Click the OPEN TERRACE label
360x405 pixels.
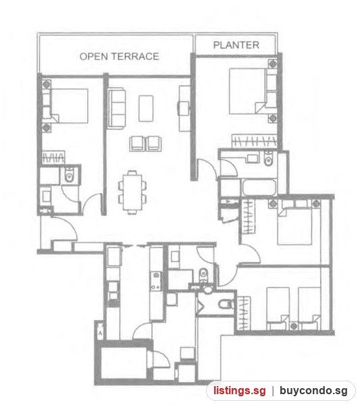click(119, 56)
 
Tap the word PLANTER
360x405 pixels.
click(236, 45)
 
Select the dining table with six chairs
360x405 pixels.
click(132, 192)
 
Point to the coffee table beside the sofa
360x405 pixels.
click(146, 109)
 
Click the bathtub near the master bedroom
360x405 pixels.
click(259, 187)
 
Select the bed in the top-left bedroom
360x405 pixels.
click(66, 106)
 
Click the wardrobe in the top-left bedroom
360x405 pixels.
click(53, 157)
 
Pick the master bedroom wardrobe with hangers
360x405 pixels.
click(254, 141)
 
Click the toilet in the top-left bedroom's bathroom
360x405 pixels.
click(70, 175)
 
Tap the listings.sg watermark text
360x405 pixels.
click(239, 391)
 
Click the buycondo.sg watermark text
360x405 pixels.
click(313, 391)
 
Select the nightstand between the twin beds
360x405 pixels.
click(293, 326)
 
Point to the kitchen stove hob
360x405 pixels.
click(156, 280)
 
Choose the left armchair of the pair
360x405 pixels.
click(137, 144)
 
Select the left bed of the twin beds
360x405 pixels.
click(278, 308)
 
